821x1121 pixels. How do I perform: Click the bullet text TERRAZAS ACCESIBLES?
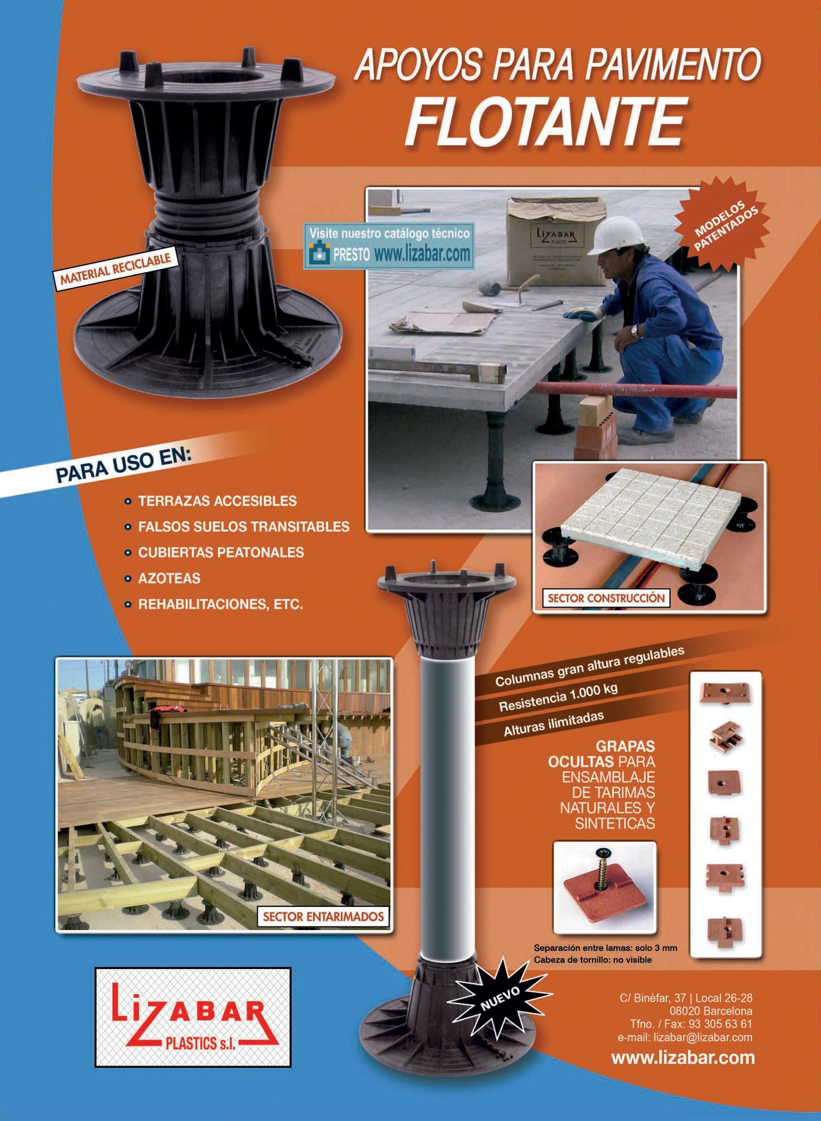(218, 501)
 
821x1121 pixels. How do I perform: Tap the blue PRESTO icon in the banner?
(319, 254)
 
